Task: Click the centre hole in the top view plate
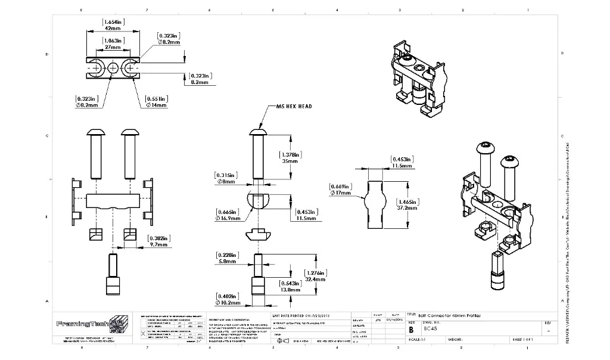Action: pyautogui.click(x=113, y=69)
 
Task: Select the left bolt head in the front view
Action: pyautogui.click(x=95, y=132)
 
